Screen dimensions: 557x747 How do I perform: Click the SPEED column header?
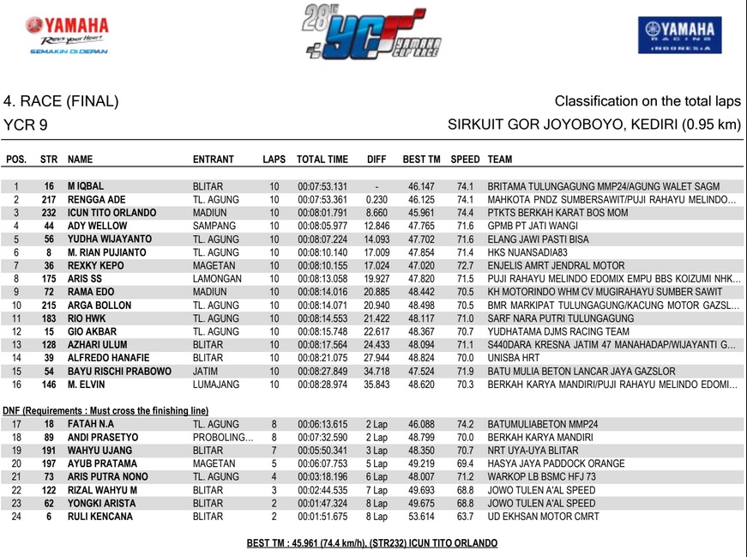coord(466,160)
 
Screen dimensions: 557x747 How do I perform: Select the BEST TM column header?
coord(421,160)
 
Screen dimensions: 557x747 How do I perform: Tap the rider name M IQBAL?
coord(86,186)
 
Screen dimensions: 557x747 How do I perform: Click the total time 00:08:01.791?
coord(322,213)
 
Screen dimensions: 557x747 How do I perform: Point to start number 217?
coord(49,199)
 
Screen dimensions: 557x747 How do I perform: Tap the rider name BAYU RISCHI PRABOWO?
coord(119,372)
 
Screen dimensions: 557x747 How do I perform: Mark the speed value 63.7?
coord(466,517)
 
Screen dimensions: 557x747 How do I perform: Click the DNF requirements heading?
coord(105,410)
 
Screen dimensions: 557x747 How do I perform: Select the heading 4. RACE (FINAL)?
coord(61,102)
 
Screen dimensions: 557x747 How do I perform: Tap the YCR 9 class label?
coord(26,126)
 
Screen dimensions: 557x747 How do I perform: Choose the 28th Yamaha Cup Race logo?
coord(373,35)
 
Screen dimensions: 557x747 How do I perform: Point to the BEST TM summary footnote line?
coord(372,543)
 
